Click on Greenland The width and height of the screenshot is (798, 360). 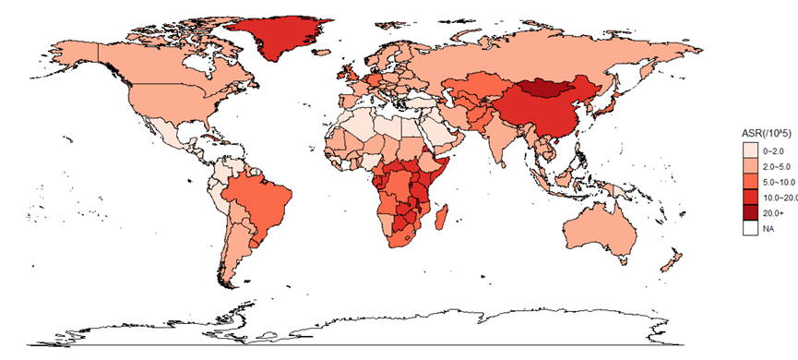pyautogui.click(x=280, y=37)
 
